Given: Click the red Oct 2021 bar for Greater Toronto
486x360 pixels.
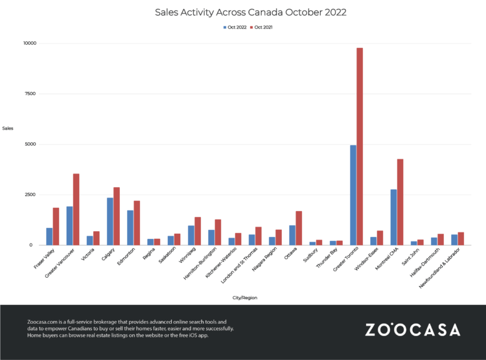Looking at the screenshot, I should (x=360, y=146).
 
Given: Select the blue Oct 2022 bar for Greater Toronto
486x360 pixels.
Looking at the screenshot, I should (x=353, y=195).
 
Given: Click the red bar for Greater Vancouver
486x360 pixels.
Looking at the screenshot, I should (x=76, y=209).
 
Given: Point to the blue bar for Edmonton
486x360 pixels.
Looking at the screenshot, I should (x=130, y=227).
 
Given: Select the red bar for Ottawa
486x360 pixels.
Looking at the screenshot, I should (x=299, y=228).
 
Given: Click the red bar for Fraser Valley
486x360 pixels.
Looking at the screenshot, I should (x=56, y=226).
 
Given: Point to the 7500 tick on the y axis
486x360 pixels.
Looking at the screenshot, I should (x=30, y=94).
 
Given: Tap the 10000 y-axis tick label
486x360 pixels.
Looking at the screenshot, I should (x=29, y=43).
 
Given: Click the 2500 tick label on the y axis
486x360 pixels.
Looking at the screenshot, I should (x=30, y=195).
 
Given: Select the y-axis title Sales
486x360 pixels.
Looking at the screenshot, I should (x=8, y=128).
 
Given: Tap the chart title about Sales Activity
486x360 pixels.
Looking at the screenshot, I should (x=243, y=12).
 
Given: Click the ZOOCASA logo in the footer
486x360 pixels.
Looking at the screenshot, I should (x=412, y=330).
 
